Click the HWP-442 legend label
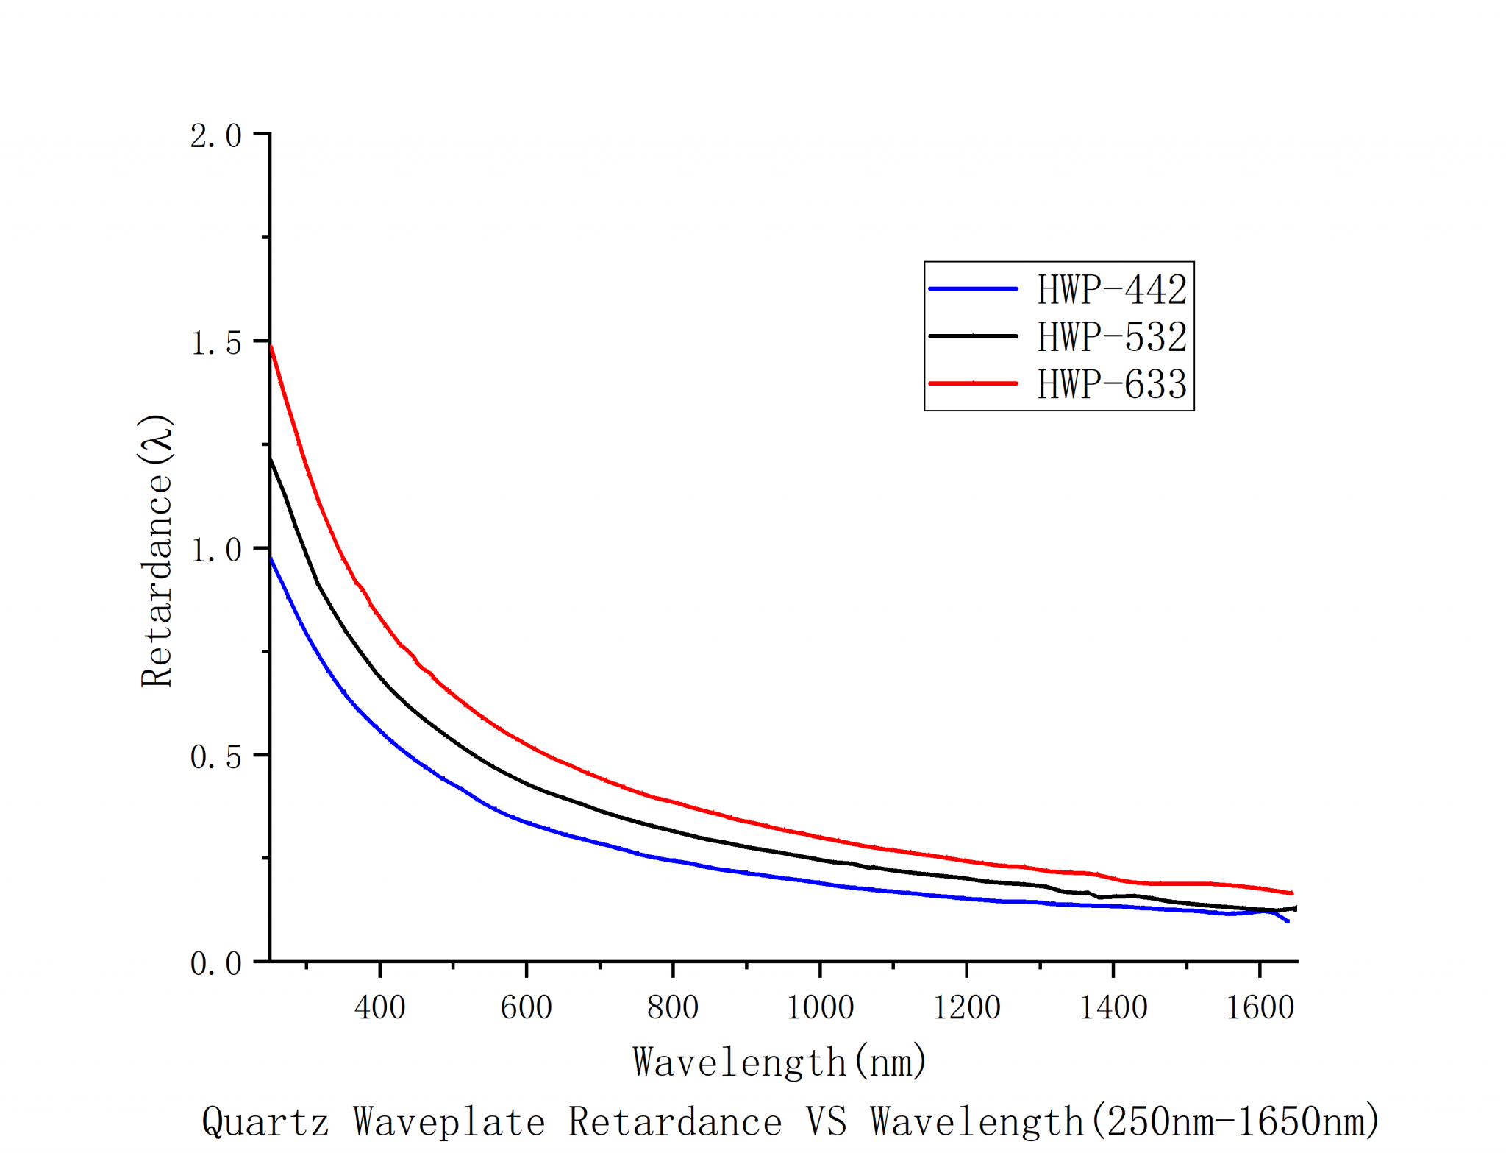1111,289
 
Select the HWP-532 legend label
1111,336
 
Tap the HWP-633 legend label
1111,383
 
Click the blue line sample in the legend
973,289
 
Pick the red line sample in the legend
973,383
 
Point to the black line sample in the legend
973,336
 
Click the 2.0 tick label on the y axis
215,135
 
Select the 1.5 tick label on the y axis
215,343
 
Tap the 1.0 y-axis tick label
215,550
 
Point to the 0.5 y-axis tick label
215,756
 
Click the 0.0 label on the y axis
215,963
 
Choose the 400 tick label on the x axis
379,1007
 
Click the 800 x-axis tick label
673,1007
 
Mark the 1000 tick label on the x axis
820,1007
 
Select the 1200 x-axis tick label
966,1007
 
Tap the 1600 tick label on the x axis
1260,1007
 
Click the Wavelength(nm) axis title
779,1062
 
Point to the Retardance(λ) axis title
156,550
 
